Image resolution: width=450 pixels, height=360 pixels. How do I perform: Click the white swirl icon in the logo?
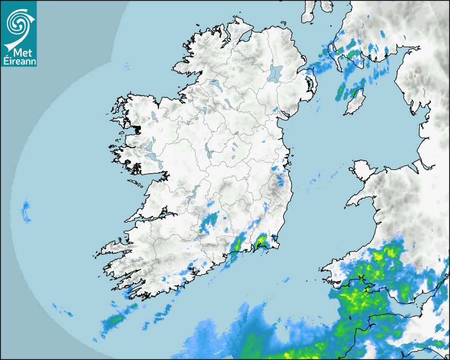pos(18,23)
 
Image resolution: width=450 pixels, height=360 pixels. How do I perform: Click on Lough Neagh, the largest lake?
pos(275,73)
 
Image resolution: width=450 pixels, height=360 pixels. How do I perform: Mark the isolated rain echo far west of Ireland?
pos(26,210)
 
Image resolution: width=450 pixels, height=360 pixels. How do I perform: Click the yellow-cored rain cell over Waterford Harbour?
pos(260,243)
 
